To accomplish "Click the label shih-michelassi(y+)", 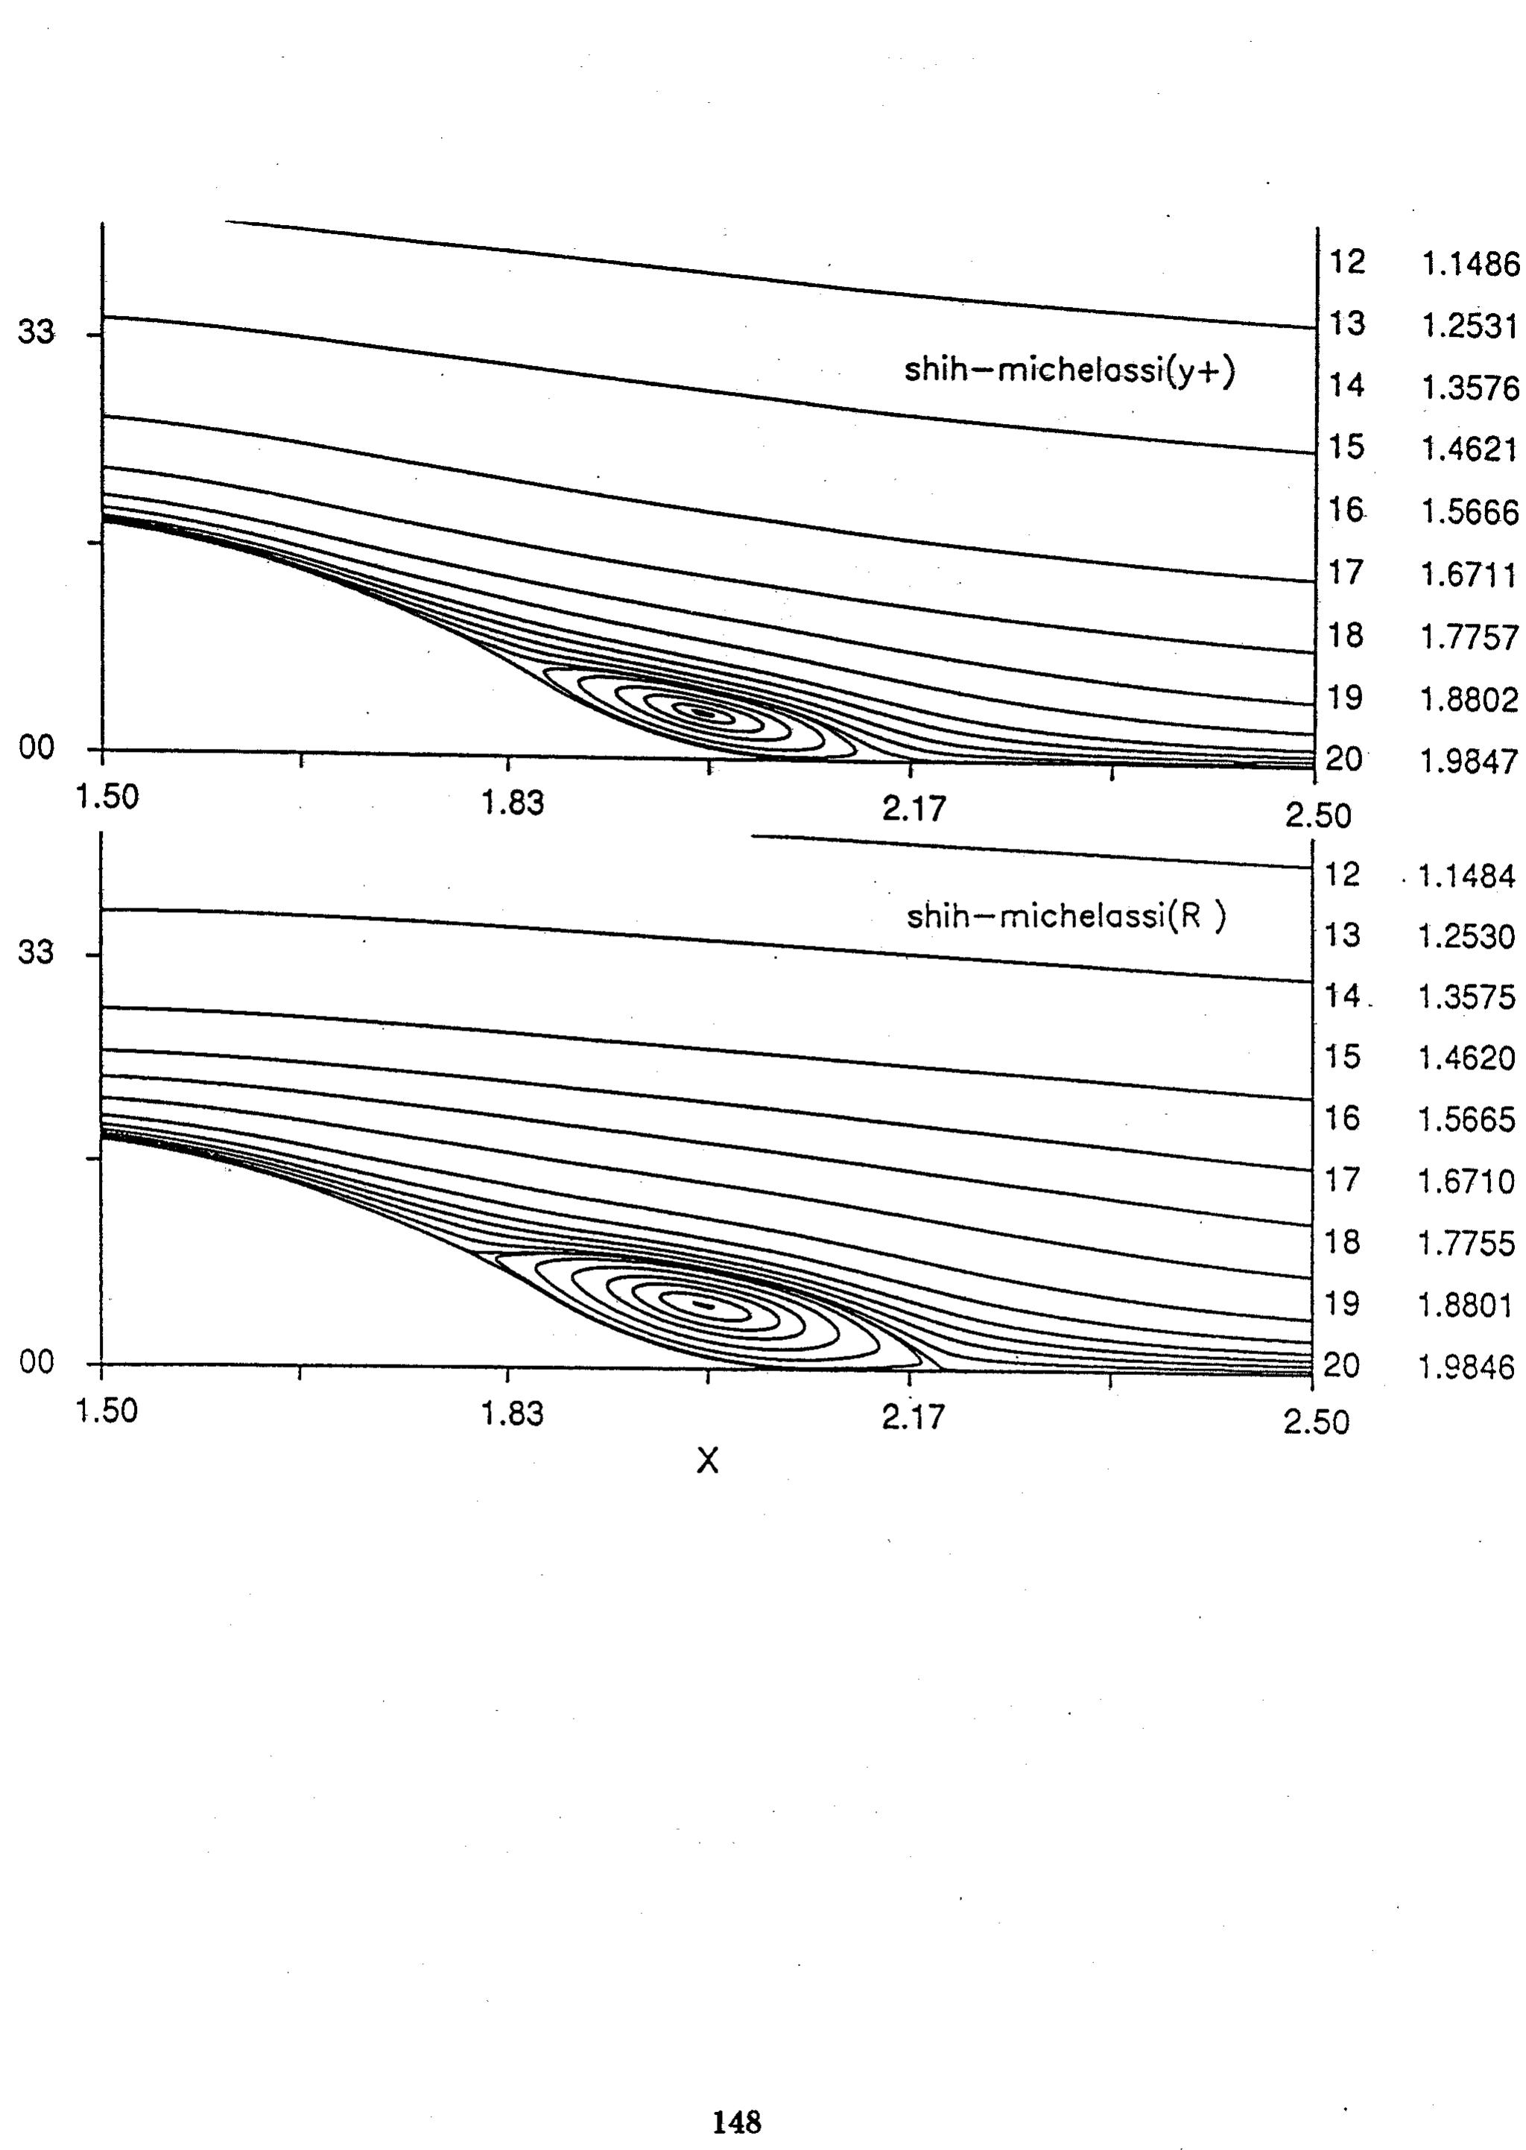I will [1069, 370].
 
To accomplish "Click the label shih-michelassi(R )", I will [1066, 915].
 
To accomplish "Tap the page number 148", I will [737, 2121].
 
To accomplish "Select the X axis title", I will [708, 1459].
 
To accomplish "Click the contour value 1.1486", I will [1469, 266].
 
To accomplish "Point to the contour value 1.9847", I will [1469, 760].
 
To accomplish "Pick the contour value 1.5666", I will [1469, 512].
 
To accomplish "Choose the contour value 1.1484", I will [1466, 876].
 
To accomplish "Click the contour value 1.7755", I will [1466, 1243].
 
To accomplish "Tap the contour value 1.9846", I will [1466, 1365].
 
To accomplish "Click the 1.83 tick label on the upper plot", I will [512, 803].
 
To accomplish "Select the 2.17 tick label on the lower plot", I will [914, 1416].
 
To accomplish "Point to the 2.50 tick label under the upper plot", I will [1318, 815].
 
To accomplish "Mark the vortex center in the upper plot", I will [704, 713].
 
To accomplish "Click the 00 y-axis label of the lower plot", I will [36, 1362].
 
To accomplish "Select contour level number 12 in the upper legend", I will [1346, 262].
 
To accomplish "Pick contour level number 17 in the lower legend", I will [1342, 1179].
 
